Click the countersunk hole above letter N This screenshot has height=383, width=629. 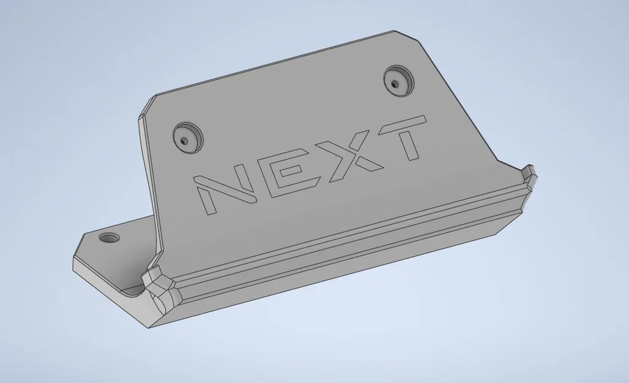[x=187, y=136]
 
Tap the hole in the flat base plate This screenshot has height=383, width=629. [x=111, y=237]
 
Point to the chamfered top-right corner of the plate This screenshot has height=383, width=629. [x=411, y=38]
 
